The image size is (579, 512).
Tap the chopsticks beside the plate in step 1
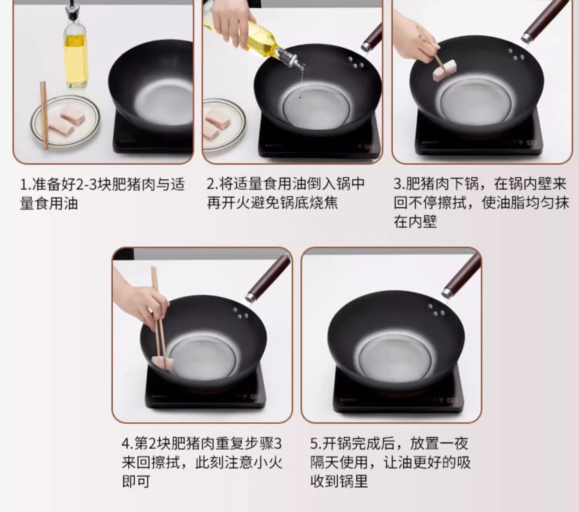pyautogui.click(x=44, y=115)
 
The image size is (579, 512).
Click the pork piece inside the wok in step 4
pyautogui.click(x=163, y=363)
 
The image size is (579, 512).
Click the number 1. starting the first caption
pyautogui.click(x=26, y=184)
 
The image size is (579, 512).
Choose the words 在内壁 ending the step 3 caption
pyautogui.click(x=415, y=222)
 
